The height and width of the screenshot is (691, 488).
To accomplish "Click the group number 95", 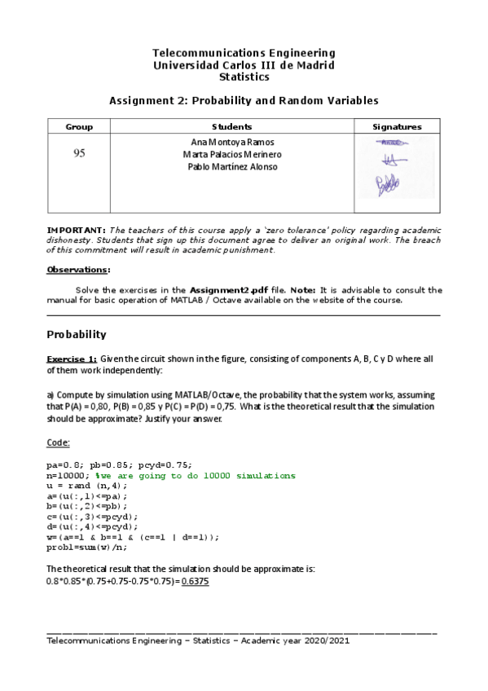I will pos(79,153).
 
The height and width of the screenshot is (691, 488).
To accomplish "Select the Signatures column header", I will pos(397,127).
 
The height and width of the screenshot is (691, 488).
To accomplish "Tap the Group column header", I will pos(79,127).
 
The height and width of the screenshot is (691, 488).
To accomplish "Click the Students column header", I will pos(232,127).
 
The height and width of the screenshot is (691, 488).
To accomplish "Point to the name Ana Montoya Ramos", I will pos(232,142).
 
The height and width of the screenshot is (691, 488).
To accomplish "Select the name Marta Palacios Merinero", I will pos(232,154).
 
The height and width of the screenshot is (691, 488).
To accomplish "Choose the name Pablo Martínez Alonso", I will pos(232,167).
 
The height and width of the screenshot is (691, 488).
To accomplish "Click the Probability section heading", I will pos(77,334).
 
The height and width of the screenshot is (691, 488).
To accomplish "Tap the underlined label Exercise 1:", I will pos(72,359).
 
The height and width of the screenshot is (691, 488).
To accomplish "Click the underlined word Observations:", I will pos(78,270).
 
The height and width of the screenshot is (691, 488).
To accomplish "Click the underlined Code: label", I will pos(59,442).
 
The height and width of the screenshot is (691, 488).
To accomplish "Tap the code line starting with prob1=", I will pos(87,547).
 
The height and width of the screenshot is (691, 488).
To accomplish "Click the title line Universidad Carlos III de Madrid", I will pos(244,64).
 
